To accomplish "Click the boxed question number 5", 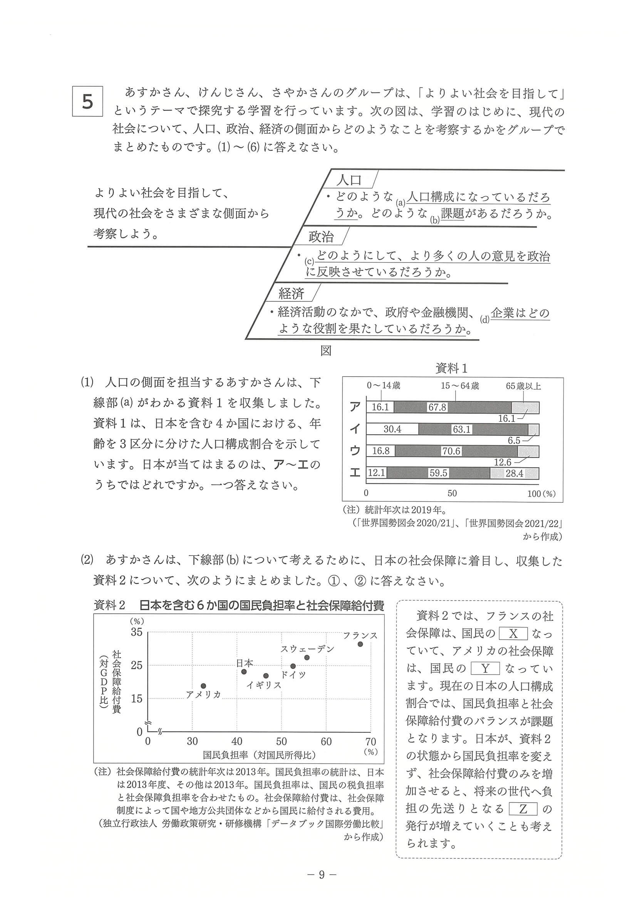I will (x=87, y=101).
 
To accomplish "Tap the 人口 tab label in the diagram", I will (x=349, y=180).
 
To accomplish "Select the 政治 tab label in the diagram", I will (x=321, y=237).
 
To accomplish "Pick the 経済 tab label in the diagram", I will (x=291, y=293).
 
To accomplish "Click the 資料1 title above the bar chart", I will (x=452, y=369).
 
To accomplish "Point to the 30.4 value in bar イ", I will (x=392, y=429).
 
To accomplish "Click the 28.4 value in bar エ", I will (x=514, y=473).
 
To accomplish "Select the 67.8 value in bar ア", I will (x=437, y=407).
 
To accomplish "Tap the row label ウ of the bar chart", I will (x=354, y=451).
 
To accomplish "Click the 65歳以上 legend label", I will (x=523, y=386).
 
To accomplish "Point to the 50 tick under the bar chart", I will (x=452, y=493).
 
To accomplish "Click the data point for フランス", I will (x=360, y=644).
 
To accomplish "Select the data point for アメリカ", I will (x=203, y=686).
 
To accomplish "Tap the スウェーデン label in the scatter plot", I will (x=307, y=650).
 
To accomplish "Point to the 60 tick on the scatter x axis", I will (x=326, y=741).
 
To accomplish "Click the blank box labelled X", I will (x=513, y=634).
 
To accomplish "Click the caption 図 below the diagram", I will (x=326, y=350).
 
